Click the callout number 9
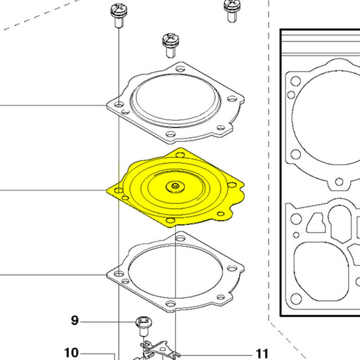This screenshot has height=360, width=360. (x=75, y=321)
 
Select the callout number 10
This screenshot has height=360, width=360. (x=72, y=352)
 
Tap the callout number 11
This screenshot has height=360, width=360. (x=262, y=354)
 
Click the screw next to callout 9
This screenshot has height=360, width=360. (x=143, y=326)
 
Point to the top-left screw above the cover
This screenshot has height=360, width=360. (x=119, y=15)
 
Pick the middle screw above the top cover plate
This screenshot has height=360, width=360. (x=171, y=46)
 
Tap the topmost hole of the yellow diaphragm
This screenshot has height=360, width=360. (x=180, y=155)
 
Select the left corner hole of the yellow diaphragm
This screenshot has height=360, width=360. (x=119, y=190)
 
